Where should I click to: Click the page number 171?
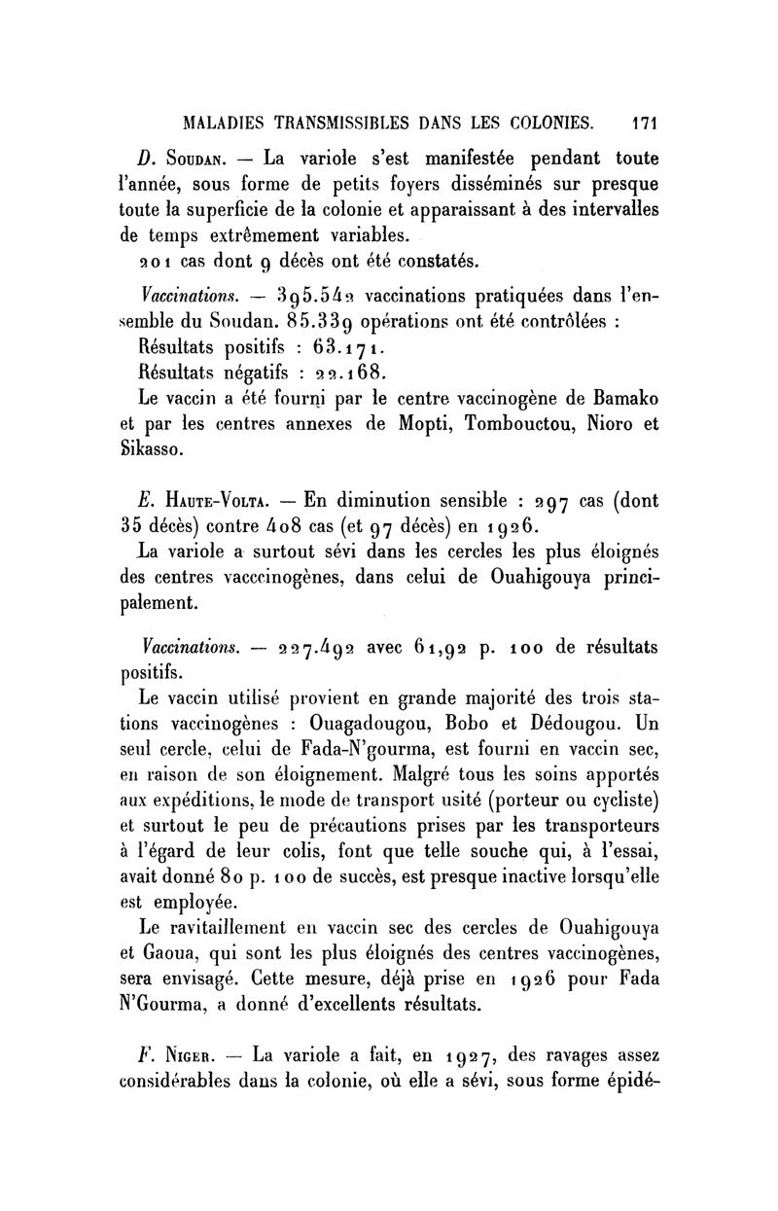pos(645,124)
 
